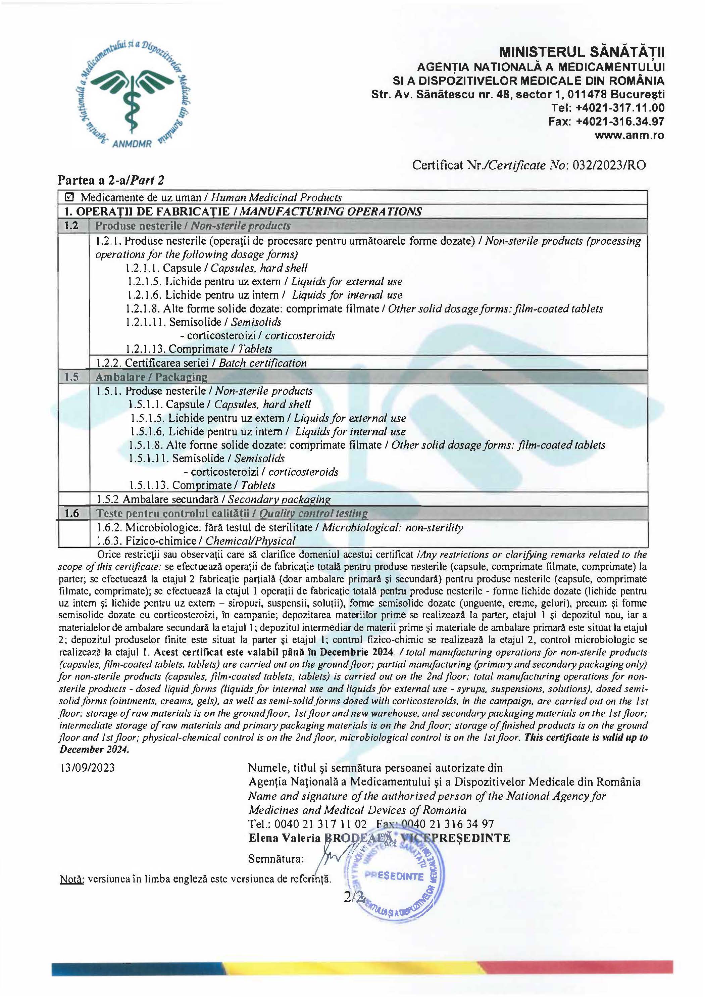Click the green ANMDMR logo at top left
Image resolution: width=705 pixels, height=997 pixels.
click(133, 94)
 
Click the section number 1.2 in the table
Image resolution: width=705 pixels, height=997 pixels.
click(71, 226)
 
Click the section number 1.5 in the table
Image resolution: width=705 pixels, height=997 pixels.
click(71, 377)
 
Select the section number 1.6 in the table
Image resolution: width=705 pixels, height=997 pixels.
click(71, 513)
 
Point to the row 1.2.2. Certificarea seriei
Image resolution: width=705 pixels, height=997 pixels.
click(201, 363)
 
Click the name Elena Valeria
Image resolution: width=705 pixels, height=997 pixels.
click(284, 838)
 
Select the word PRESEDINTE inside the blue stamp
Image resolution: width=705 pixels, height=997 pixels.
click(394, 876)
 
